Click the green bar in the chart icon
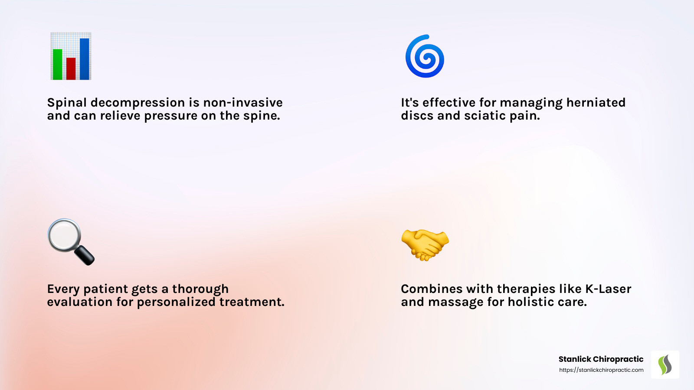click(58, 65)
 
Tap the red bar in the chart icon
click(71, 69)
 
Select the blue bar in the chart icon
click(85, 59)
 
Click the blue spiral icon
click(425, 56)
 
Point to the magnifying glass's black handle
click(84, 255)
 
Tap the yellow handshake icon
click(425, 245)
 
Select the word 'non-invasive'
click(243, 102)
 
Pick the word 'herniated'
click(596, 102)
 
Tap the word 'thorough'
click(200, 289)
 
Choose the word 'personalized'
click(176, 302)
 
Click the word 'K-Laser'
click(608, 289)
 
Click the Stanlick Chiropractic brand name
click(601, 359)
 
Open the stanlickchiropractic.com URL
click(601, 370)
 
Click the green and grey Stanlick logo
click(665, 364)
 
